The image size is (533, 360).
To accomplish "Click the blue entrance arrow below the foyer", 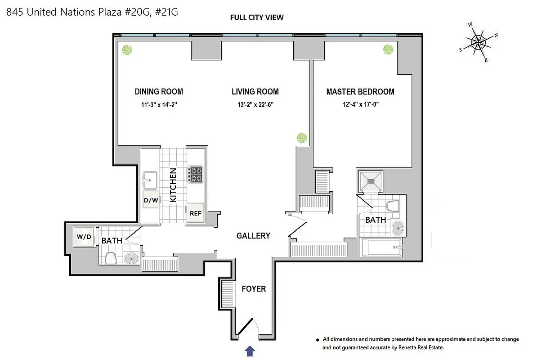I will tap(251, 350).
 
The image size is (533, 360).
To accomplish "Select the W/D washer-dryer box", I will tap(84, 237).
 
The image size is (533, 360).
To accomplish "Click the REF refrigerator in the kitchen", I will tap(195, 213).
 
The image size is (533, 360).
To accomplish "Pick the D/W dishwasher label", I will tap(151, 200).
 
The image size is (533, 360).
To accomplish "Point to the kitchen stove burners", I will tap(196, 174).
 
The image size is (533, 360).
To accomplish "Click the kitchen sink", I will tap(150, 181).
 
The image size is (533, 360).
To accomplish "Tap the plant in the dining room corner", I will tap(128, 50).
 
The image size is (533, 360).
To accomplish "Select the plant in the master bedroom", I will tap(388, 49).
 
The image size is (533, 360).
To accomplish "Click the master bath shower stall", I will tap(370, 181).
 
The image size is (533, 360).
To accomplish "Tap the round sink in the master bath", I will tap(398, 229).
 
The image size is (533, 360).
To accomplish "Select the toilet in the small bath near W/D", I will tap(110, 258).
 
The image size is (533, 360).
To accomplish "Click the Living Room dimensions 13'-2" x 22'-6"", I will tap(255, 106).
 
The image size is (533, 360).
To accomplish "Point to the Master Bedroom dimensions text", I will tap(360, 106).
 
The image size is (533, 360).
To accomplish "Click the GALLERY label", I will tap(253, 235).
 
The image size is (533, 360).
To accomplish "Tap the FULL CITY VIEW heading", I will tap(256, 18).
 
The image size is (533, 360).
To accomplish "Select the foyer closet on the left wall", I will tap(227, 293).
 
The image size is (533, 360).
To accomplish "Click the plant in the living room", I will tap(302, 138).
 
